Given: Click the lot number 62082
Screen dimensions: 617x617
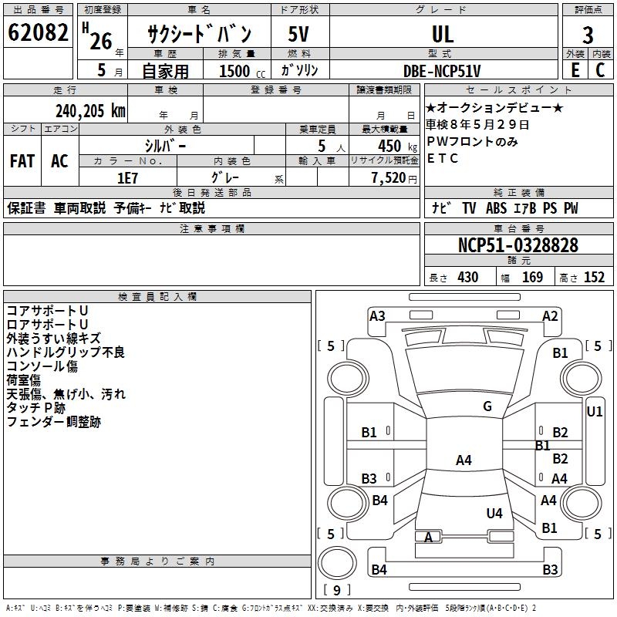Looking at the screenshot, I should pyautogui.click(x=38, y=33).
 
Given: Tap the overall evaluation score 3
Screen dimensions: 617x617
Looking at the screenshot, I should pyautogui.click(x=588, y=35).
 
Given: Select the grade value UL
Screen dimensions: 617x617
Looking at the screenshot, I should pyautogui.click(x=443, y=34).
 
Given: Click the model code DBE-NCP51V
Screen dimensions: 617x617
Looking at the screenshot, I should pyautogui.click(x=442, y=71).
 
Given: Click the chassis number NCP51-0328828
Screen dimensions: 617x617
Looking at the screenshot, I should pyautogui.click(x=518, y=245).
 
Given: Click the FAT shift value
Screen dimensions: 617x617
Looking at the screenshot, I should pyautogui.click(x=22, y=160).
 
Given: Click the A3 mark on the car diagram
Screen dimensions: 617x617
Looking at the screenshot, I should pyautogui.click(x=377, y=315).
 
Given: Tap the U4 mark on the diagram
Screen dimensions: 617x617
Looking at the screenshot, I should pyautogui.click(x=494, y=513).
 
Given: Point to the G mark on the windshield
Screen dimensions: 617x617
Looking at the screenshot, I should pyautogui.click(x=487, y=406).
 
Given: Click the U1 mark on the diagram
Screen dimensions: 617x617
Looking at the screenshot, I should pyautogui.click(x=594, y=412).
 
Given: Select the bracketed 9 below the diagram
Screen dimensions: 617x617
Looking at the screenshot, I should pyautogui.click(x=336, y=590).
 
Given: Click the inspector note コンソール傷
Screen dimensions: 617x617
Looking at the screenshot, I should pyautogui.click(x=42, y=366).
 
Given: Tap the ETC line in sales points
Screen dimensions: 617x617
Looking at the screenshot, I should pyautogui.click(x=443, y=159).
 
